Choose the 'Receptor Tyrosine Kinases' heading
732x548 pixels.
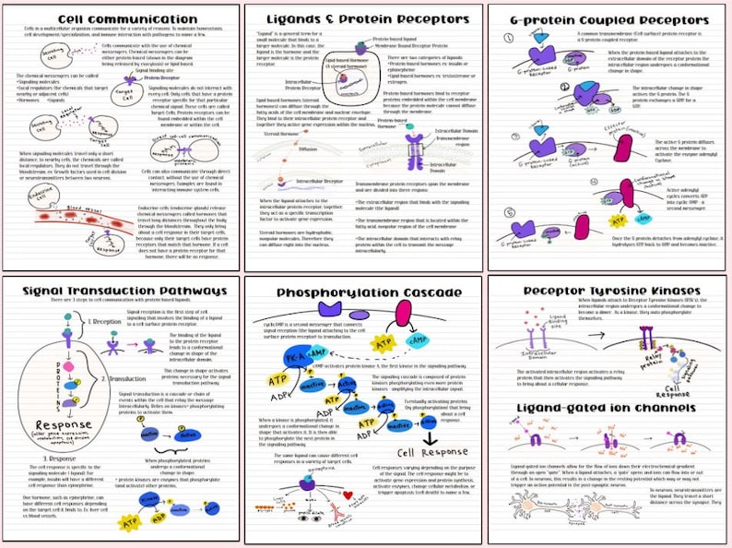point(608,292)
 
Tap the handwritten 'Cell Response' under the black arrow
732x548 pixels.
point(431,452)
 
